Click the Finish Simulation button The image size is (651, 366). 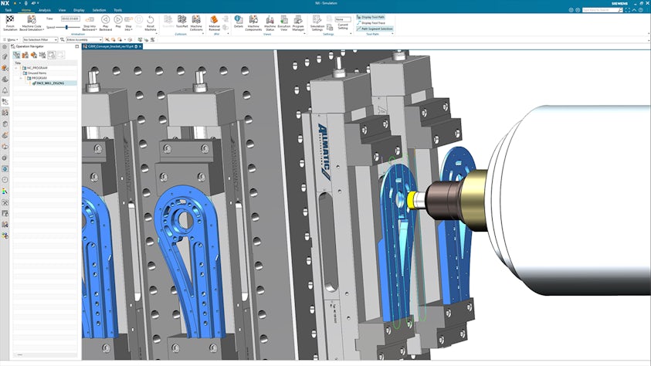pos(11,22)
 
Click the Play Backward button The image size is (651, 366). pos(105,22)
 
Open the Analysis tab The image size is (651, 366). pos(45,10)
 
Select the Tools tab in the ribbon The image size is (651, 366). pos(117,10)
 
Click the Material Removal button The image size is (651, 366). pos(215,22)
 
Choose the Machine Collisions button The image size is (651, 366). pos(196,22)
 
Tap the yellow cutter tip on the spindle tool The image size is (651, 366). pos(417,198)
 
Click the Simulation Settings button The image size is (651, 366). pos(317,22)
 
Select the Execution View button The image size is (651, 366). pos(283,22)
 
